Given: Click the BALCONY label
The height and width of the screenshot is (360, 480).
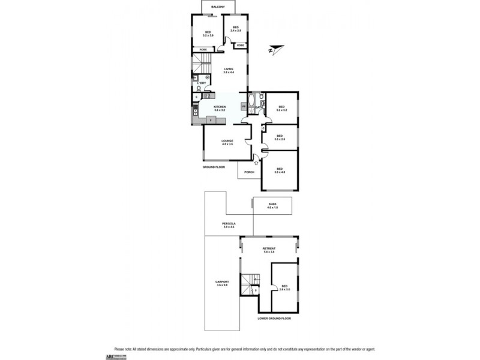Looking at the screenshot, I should pos(213,7).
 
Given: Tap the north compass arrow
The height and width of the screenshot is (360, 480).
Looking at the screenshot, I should pos(275,48).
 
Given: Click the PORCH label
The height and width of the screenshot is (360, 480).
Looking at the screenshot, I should pos(249,172).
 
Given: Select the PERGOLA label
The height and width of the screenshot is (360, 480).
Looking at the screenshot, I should pos(229,224).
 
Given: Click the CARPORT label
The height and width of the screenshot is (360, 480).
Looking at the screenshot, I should pos(223,283).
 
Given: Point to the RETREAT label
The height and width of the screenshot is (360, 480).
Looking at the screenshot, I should pos(268,250).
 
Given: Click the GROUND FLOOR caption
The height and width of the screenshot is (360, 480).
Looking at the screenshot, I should pos(213,167).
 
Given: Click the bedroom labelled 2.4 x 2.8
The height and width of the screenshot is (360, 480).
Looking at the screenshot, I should pos(236,28).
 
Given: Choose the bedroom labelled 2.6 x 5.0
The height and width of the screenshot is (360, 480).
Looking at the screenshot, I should pos(284,287).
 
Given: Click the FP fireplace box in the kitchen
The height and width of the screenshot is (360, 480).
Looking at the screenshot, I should pos(244,107).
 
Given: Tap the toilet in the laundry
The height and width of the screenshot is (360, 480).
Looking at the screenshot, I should pos(199,88).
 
